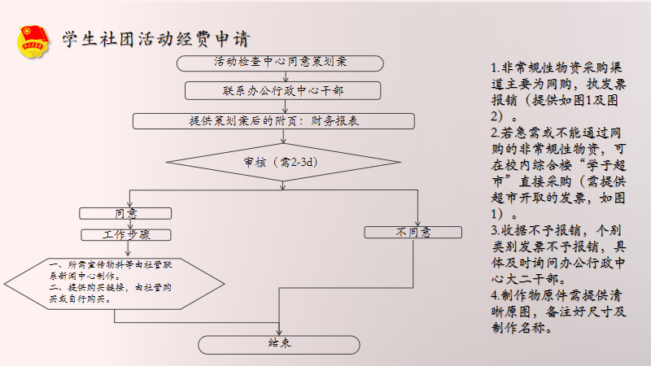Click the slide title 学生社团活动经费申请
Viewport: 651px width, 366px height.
155,39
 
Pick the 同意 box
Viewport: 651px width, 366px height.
126,213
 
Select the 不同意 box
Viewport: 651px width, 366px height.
413,233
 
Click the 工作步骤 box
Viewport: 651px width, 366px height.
126,235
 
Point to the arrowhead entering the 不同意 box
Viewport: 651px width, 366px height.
417,224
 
